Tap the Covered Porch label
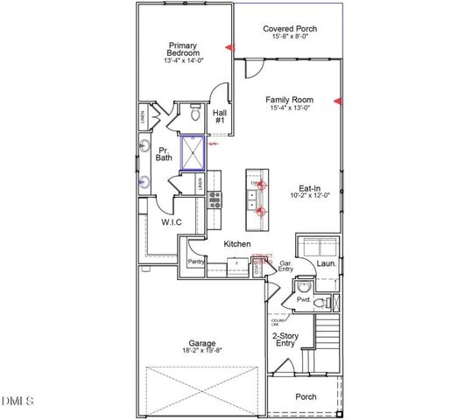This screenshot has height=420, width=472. (290, 29)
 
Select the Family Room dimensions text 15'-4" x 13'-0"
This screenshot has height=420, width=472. (290, 109)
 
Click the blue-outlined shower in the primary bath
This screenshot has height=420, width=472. (192, 152)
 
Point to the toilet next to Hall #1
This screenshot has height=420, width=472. (195, 114)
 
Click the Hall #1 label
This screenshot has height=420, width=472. (219, 116)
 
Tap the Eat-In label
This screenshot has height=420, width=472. (308, 187)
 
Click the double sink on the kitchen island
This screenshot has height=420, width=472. (260, 197)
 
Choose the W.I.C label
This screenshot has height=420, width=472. (170, 223)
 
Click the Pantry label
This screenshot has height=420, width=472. (196, 260)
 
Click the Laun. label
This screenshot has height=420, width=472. (326, 262)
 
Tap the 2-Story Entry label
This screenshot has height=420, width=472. (285, 339)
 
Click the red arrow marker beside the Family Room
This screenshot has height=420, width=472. (339, 102)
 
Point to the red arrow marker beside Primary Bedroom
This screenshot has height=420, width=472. (229, 47)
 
